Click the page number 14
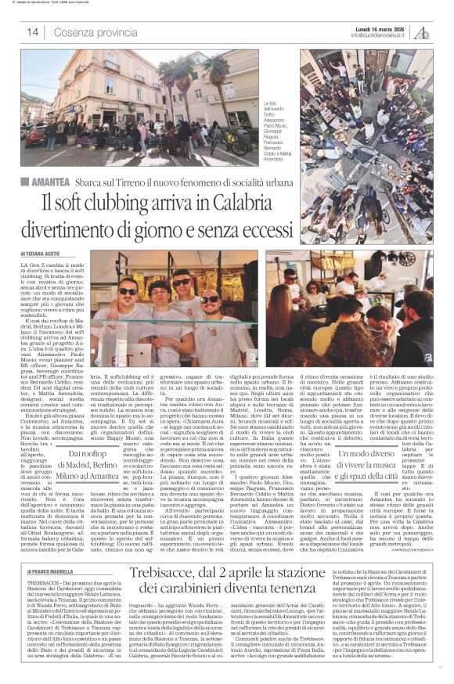(32, 32)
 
